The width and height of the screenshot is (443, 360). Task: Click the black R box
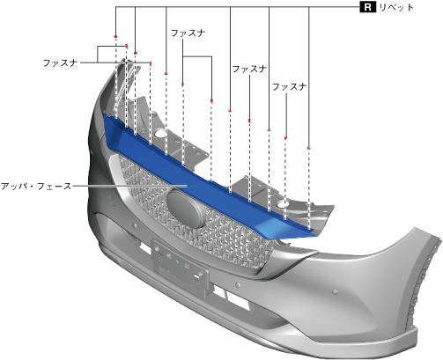pyautogui.click(x=367, y=7)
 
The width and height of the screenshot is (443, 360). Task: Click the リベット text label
pyautogui.click(x=396, y=7)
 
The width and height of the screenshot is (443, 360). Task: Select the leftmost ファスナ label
pyautogui.click(x=60, y=62)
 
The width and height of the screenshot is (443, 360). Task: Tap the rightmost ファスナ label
pyautogui.click(x=289, y=86)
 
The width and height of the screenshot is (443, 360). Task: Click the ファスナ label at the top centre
pyautogui.click(x=188, y=33)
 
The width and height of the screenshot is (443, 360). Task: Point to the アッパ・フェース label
pyautogui.click(x=36, y=186)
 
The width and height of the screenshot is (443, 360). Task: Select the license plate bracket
pyautogui.click(x=180, y=268)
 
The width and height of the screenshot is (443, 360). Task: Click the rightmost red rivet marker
pyautogui.click(x=308, y=148)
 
